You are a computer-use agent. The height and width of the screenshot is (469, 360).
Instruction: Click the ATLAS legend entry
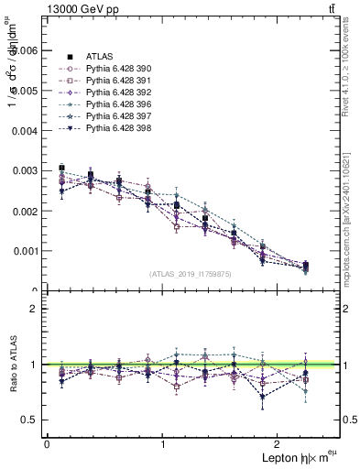[100, 57]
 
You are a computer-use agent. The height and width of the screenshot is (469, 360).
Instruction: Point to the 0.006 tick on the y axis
[24, 51]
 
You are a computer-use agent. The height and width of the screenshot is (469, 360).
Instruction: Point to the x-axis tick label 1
[163, 443]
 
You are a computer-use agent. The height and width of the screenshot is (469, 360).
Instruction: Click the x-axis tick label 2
[280, 443]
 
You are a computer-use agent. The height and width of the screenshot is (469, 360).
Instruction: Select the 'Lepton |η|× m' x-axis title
[295, 457]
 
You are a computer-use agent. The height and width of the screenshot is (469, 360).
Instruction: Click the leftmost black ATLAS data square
[61, 168]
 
